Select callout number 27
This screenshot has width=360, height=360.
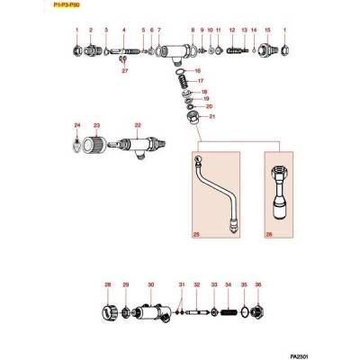[x=125, y=70]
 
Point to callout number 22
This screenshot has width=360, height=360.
[x=138, y=125]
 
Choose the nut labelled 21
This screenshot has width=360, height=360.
[x=190, y=117]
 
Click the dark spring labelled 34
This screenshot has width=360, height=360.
[x=235, y=312]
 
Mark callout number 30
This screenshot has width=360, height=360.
[x=150, y=285]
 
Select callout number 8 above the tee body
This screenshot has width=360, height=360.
[x=193, y=31]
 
